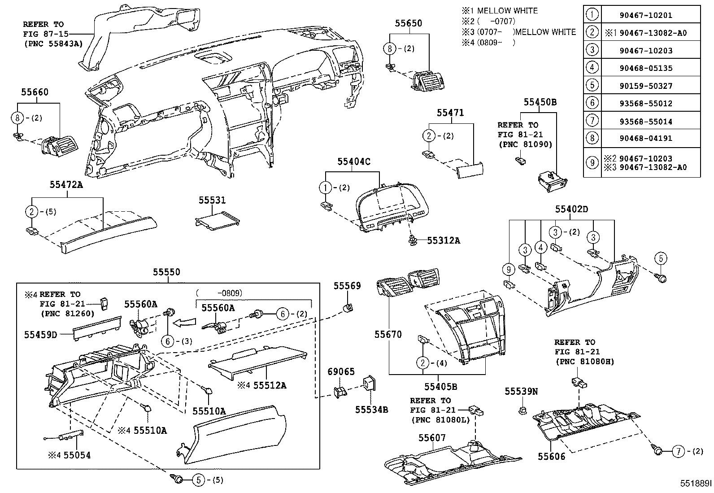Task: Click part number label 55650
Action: pos(408,23)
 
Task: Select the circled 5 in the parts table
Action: pos(592,86)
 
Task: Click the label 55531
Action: pos(212,201)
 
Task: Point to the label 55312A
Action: pos(443,240)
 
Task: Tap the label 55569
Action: pos(347,286)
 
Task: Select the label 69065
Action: pos(340,371)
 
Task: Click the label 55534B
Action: pos(371,409)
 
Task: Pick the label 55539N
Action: pos(521,391)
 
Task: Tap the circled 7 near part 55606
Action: pos(679,452)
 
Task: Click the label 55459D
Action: pos(40,334)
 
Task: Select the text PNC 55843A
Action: pos(53,44)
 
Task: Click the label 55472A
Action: pos(66,184)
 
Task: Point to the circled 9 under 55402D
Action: pos(509,269)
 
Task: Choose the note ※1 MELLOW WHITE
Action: pos(500,11)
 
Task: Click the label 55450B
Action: pos(540,102)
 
